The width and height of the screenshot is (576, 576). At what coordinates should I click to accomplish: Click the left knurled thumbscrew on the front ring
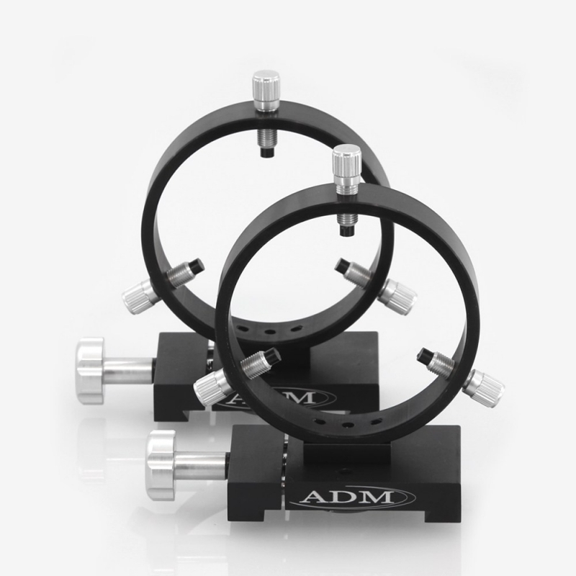[211, 387]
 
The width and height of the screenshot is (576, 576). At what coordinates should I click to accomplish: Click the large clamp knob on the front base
[161, 465]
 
